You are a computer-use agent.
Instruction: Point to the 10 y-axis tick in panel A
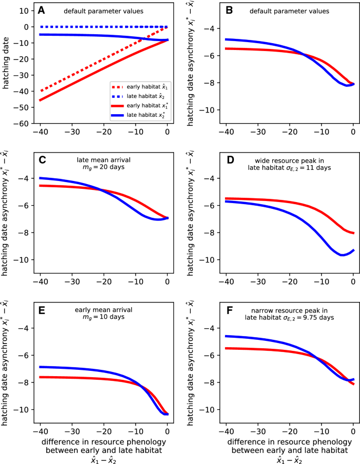(24, 11)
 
